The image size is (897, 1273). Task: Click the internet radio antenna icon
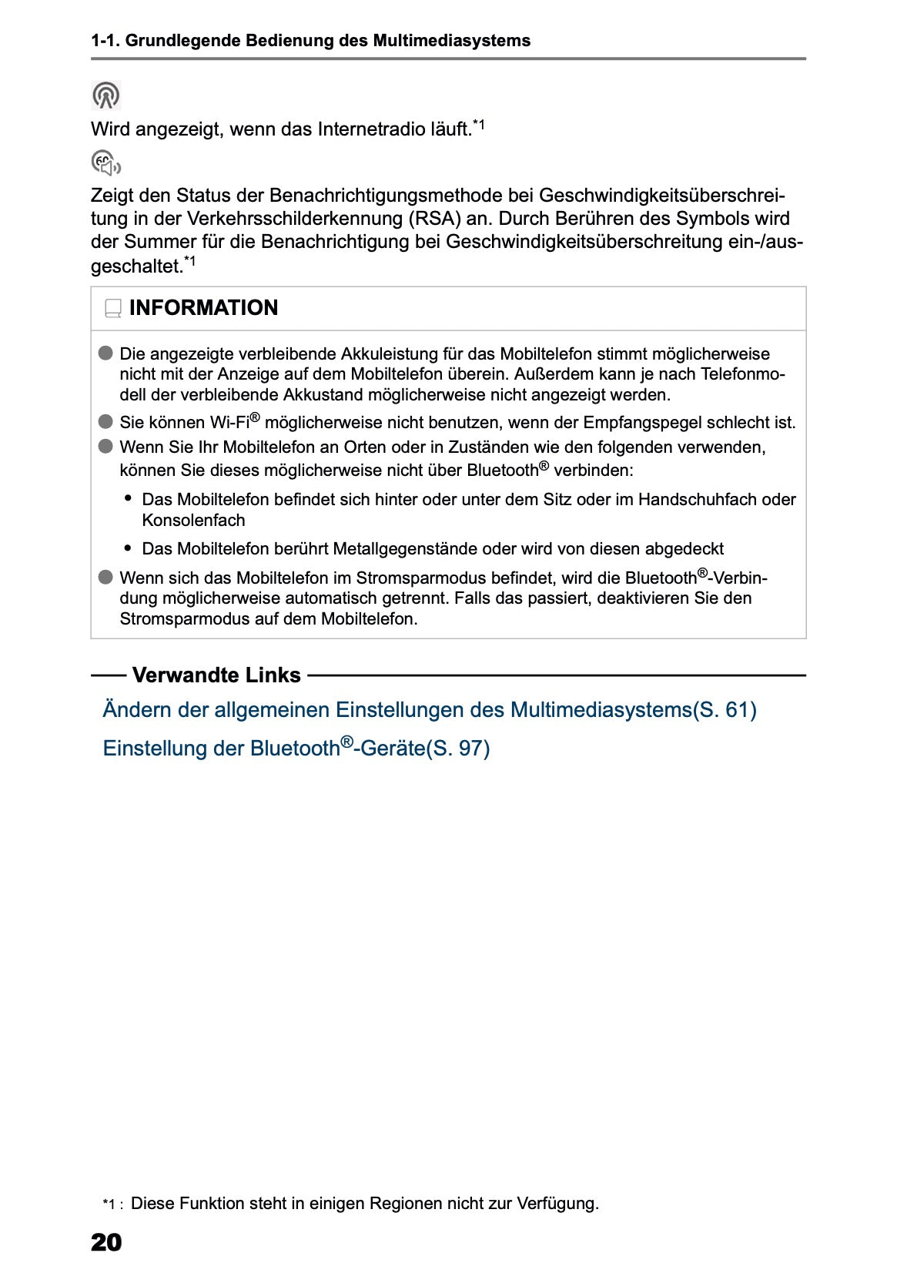[x=106, y=95]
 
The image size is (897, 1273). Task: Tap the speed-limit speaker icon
[x=106, y=163]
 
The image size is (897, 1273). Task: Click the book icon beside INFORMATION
[x=113, y=309]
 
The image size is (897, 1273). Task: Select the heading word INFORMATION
[x=203, y=308]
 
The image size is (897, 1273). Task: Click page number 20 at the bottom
[x=106, y=1242]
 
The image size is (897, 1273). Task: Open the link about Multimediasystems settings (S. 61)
[x=429, y=709]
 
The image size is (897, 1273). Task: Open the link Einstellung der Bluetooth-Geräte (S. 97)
[x=296, y=748]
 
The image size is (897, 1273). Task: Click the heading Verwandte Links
[x=216, y=675]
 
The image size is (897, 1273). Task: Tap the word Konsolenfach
[x=193, y=520]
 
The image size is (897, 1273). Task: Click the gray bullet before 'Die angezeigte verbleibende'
[x=105, y=353]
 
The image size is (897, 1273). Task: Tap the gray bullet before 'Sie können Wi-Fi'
[x=105, y=422]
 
